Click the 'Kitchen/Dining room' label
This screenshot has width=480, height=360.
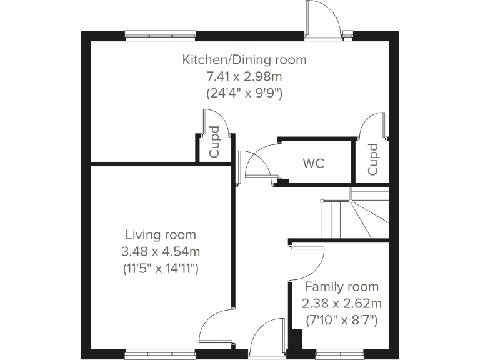(x=244, y=60)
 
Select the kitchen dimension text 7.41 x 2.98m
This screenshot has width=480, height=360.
(x=244, y=77)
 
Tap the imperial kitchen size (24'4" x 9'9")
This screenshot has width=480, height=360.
(x=244, y=94)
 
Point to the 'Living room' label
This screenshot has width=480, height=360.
(x=161, y=236)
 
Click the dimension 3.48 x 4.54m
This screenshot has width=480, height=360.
(x=161, y=252)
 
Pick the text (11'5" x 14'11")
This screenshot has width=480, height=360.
(x=161, y=269)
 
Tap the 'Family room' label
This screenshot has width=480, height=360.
(x=341, y=287)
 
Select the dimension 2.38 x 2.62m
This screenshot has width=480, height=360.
(x=341, y=304)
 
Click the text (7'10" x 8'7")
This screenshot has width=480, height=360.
(x=341, y=321)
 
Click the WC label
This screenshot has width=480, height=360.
(x=314, y=164)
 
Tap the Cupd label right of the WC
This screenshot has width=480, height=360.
(x=372, y=159)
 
